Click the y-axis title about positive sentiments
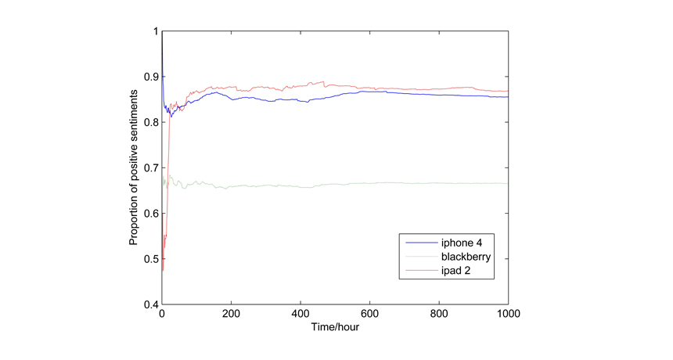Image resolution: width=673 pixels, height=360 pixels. pyautogui.click(x=135, y=167)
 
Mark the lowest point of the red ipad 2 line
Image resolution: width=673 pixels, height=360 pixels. pyautogui.click(x=163, y=270)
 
